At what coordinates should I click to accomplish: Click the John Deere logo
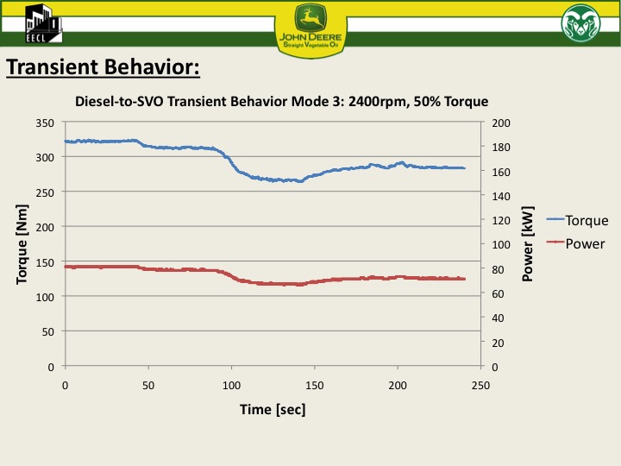coord(310,25)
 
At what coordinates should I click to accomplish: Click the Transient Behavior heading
coord(103,67)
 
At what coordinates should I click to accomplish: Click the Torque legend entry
coord(586,221)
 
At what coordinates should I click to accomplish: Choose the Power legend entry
coord(585,243)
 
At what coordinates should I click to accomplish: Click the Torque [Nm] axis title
coord(23,244)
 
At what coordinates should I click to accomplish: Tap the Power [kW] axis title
coord(528,244)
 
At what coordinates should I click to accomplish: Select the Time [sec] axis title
coord(273,408)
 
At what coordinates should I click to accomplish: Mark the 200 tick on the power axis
coord(501,123)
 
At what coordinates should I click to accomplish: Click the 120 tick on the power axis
coord(501,220)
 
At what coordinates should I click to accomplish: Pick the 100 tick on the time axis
coord(231,384)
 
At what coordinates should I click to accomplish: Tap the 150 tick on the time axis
coord(315,384)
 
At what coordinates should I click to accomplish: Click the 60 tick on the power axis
coord(499,293)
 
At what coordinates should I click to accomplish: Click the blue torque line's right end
coord(464,168)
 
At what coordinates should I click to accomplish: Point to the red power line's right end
coord(464,279)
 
